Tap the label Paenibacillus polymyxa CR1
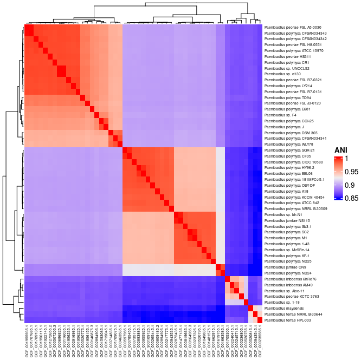pyautogui.click(x=283, y=62)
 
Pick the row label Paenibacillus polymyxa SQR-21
pyautogui.click(x=286, y=150)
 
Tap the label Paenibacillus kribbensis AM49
pyautogui.click(x=286, y=284)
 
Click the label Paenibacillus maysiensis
pyautogui.click(x=281, y=308)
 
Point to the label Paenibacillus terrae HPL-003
pyautogui.click(x=285, y=319)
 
